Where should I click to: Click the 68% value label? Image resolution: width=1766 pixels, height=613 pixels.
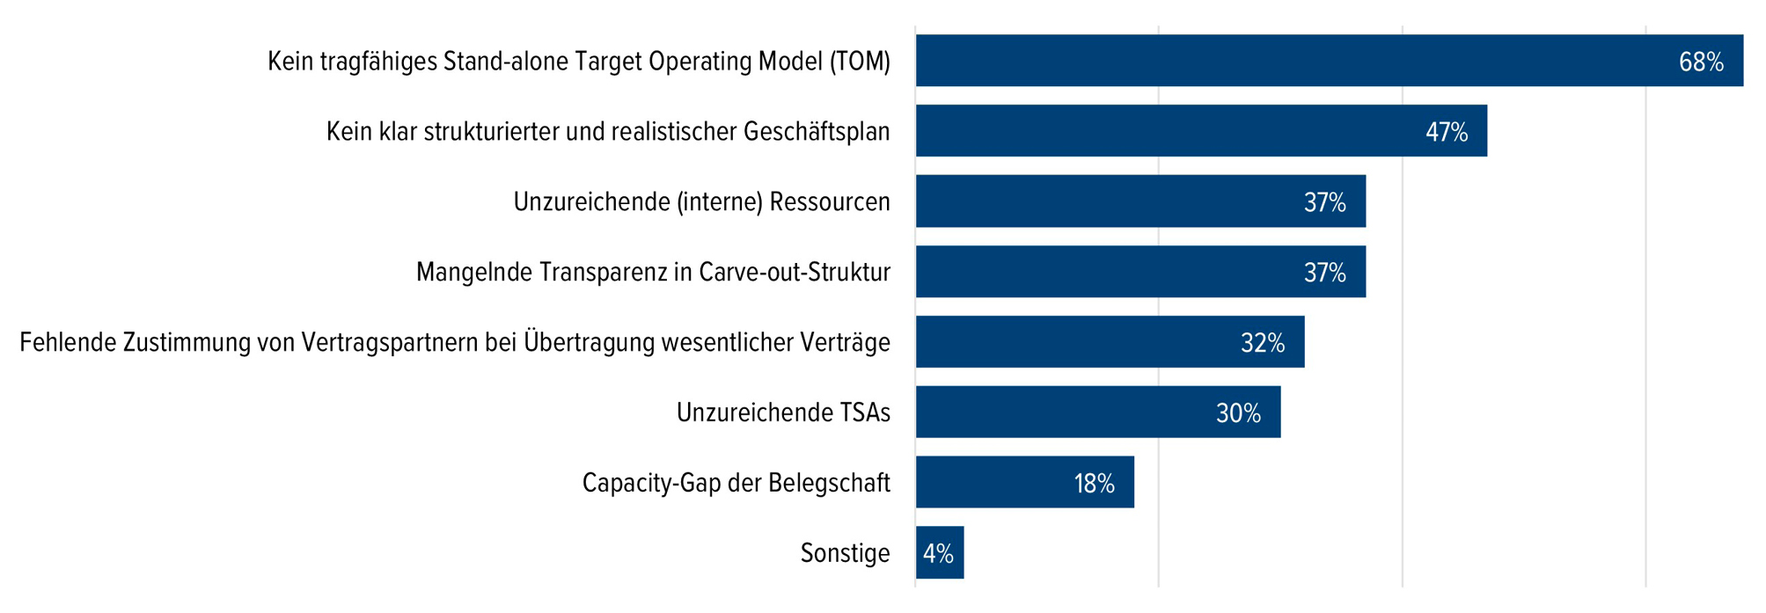coord(1700,62)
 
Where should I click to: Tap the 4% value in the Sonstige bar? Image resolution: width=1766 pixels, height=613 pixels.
coord(938,553)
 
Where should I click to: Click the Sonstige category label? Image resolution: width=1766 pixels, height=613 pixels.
coord(845,553)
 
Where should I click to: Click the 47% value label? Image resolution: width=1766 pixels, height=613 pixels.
coord(1447,132)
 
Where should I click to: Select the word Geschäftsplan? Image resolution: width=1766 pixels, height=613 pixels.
coord(817,132)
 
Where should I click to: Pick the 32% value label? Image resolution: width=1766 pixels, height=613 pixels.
coord(1263,342)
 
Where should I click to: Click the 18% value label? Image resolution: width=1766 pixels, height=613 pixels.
coord(1094,483)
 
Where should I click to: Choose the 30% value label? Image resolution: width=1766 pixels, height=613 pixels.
coord(1238,412)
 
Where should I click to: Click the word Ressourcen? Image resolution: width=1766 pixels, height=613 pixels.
coord(830,202)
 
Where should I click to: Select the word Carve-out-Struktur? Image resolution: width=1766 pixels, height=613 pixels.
coord(795,273)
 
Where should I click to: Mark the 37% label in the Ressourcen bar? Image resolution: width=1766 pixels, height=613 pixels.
coord(1324,202)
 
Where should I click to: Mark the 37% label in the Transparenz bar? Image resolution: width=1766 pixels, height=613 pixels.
coord(1324,273)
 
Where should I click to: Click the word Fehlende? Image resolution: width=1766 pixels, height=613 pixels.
coord(68,342)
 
